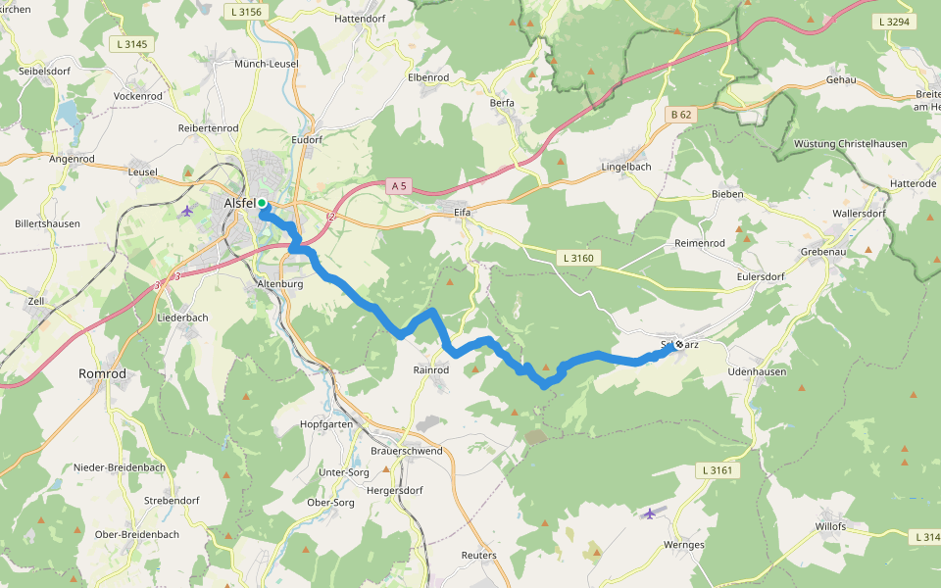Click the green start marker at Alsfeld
click(x=262, y=203)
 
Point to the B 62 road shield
click(x=681, y=115)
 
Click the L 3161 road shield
click(x=718, y=471)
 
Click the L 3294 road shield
click(x=894, y=21)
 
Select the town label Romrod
click(x=102, y=374)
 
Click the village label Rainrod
click(x=431, y=370)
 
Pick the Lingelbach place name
click(x=625, y=168)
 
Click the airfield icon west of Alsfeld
click(x=187, y=211)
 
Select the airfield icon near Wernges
click(x=651, y=513)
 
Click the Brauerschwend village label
click(x=407, y=451)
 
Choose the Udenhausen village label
click(x=757, y=373)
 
